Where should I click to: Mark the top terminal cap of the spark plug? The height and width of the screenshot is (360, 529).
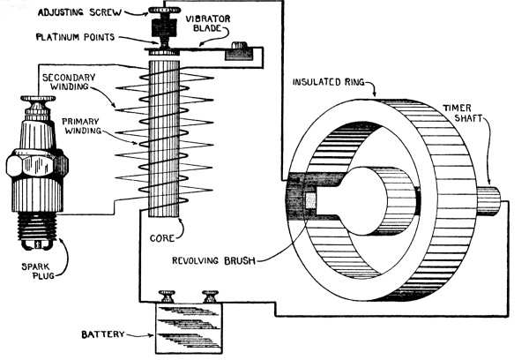tap(37, 109)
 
